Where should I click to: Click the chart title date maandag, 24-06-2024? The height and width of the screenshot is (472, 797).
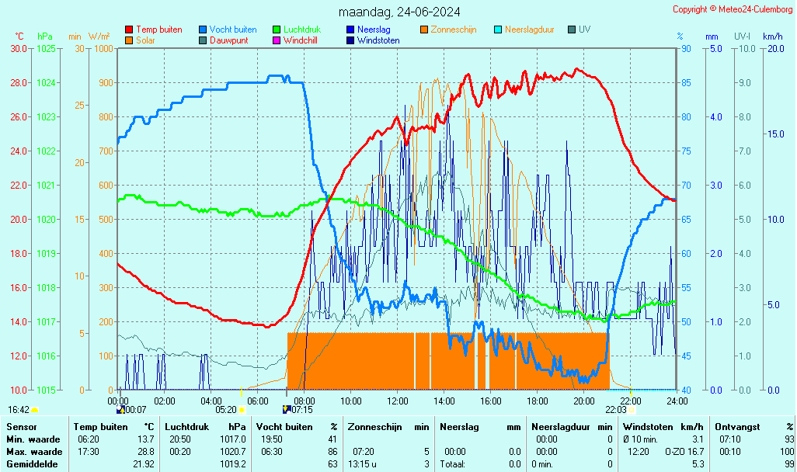pyautogui.click(x=399, y=12)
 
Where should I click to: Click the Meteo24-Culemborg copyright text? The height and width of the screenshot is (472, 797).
pyautogui.click(x=733, y=9)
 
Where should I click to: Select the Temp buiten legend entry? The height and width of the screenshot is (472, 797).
pyautogui.click(x=158, y=29)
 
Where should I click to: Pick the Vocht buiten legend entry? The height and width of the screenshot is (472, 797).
pyautogui.click(x=232, y=29)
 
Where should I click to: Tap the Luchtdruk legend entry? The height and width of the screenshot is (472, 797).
pyautogui.click(x=301, y=29)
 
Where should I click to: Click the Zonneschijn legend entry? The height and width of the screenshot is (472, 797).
pyautogui.click(x=456, y=29)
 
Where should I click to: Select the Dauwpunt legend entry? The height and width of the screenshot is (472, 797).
pyautogui.click(x=228, y=40)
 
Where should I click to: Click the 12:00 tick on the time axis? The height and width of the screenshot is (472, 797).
pyautogui.click(x=398, y=401)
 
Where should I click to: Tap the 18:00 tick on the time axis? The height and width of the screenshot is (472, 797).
pyautogui.click(x=538, y=401)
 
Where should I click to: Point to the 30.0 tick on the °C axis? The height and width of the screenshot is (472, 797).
pyautogui.click(x=19, y=48)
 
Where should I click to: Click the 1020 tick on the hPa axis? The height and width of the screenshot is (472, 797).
pyautogui.click(x=46, y=219)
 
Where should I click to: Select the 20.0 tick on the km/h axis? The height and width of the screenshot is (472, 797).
pyautogui.click(x=774, y=48)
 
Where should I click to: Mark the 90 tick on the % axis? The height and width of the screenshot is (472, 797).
pyautogui.click(x=686, y=48)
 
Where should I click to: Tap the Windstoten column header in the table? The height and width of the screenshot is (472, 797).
pyautogui.click(x=648, y=427)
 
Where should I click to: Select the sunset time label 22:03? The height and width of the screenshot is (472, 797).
pyautogui.click(x=615, y=409)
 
